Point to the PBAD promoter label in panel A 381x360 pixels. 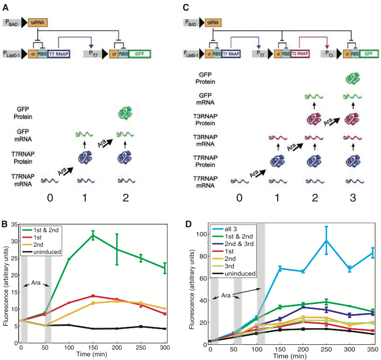[x=10, y=22]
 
